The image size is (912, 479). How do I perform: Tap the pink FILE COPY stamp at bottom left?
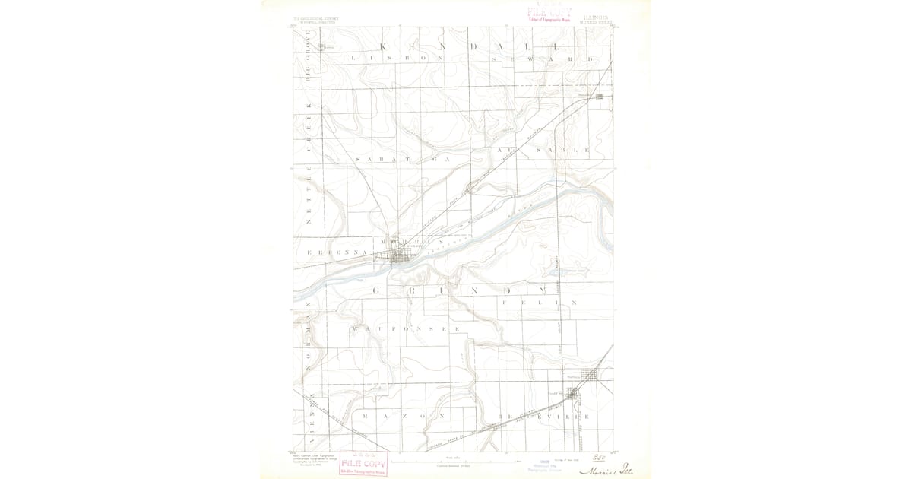point(363,463)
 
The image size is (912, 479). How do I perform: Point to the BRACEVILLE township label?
point(543,417)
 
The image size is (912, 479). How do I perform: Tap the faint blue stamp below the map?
point(545,466)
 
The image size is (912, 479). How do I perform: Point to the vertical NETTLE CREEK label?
point(309,175)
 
